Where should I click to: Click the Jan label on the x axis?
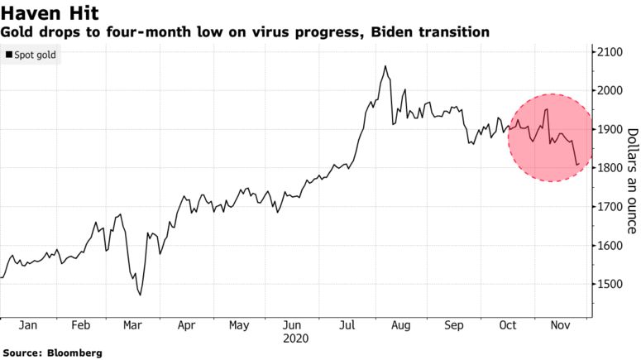point(27,326)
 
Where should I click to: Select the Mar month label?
point(132,326)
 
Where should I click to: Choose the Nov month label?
point(559,326)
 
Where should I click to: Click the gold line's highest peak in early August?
point(385,66)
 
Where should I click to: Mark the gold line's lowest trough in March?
point(140,295)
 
